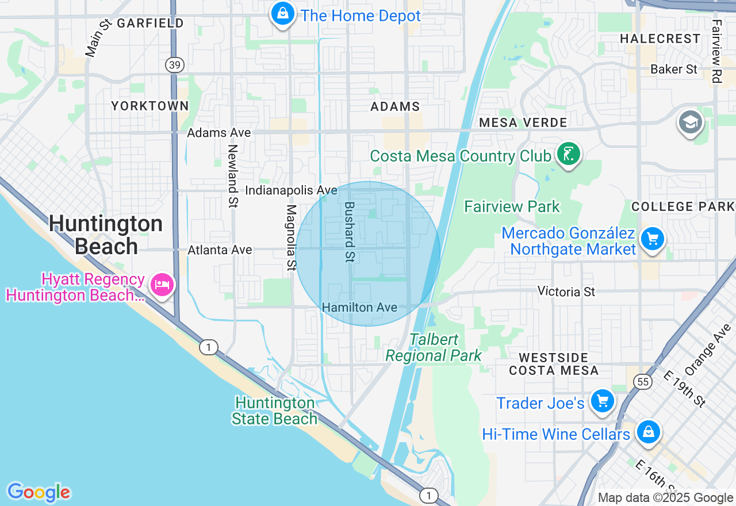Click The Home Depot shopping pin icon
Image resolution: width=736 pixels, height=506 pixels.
point(282,15)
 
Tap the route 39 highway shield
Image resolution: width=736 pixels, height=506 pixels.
point(175,65)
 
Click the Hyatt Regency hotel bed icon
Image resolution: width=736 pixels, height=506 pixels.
point(162,285)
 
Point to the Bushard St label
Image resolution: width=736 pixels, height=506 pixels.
point(348,232)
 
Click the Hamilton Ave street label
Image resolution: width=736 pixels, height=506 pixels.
point(359,308)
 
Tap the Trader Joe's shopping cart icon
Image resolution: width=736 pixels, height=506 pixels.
point(602,401)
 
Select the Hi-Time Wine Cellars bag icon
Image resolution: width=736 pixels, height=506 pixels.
point(648,432)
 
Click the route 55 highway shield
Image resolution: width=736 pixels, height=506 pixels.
point(643,381)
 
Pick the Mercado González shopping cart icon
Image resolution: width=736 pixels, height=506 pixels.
point(652,239)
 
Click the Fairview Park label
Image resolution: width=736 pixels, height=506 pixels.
point(512,206)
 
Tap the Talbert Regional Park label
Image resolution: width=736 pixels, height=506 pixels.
point(434,347)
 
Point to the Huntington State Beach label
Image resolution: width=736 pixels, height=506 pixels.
point(274,410)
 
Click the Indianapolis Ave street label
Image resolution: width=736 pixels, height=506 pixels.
point(291,190)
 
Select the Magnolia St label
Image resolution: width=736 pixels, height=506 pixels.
point(291,237)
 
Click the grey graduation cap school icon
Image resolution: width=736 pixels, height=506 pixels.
point(690,122)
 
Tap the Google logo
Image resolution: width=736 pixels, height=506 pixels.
point(39,492)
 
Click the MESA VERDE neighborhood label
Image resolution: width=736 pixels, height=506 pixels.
point(523,122)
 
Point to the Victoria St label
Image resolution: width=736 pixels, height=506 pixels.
point(566,292)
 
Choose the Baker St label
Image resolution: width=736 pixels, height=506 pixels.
point(674,69)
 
